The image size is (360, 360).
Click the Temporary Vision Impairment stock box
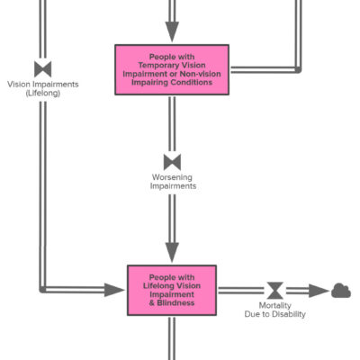click(x=172, y=69)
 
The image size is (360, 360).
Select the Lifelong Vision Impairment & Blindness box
click(x=172, y=290)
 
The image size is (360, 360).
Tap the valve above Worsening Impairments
click(x=172, y=162)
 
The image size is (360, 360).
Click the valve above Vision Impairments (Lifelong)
click(x=43, y=69)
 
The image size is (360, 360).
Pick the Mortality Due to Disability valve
click(x=275, y=291)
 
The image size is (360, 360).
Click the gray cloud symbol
click(x=341, y=291)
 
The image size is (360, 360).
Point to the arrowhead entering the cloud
click(x=319, y=291)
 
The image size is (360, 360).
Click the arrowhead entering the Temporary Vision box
click(x=172, y=31)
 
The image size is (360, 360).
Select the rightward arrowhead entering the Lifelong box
click(x=114, y=290)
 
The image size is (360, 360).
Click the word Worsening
click(x=172, y=177)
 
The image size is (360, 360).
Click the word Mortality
click(x=275, y=305)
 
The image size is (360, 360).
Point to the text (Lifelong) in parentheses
click(x=43, y=94)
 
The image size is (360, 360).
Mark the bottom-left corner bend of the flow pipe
click(x=43, y=290)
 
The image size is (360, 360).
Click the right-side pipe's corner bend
click(x=298, y=70)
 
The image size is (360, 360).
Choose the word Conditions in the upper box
click(x=193, y=82)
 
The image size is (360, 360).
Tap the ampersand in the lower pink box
click(x=152, y=302)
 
